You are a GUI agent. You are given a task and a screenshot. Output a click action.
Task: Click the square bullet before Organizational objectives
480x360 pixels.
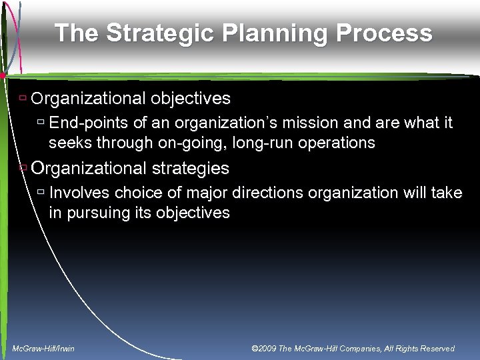(23, 99)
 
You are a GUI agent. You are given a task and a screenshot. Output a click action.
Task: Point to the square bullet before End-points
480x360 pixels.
(41, 123)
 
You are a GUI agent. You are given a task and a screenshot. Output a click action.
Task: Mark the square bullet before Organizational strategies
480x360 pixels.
(23, 167)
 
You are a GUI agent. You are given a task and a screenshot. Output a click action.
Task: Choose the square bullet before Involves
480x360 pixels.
(41, 193)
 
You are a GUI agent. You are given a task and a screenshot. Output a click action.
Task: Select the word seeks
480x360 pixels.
(69, 143)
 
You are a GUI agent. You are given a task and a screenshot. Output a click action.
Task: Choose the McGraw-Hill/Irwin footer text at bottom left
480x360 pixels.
(43, 349)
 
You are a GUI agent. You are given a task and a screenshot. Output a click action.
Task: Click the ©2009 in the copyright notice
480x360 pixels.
(263, 349)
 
